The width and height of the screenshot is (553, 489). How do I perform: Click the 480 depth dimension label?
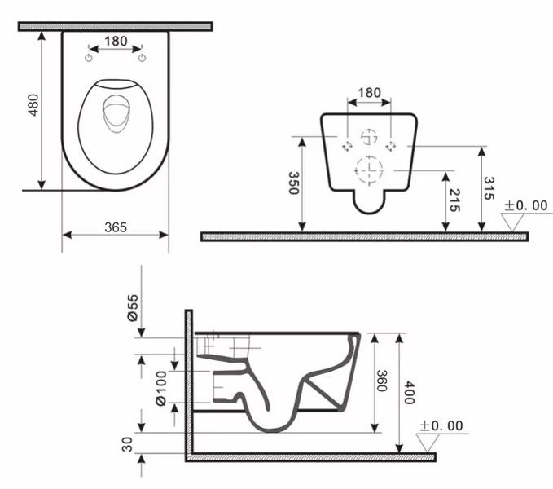33,105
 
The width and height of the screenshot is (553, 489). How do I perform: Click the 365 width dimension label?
116,227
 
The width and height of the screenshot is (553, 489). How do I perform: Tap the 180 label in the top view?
116,42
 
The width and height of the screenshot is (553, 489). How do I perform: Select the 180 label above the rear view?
369,93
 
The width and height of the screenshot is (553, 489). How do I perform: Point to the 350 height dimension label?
294,183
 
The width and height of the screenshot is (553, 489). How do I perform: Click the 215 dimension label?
454,200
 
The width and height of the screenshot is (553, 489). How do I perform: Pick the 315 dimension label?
489,188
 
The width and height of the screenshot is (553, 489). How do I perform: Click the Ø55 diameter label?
133,308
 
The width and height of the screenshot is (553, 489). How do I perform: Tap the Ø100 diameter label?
160,388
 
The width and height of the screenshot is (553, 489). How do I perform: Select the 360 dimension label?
382,381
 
